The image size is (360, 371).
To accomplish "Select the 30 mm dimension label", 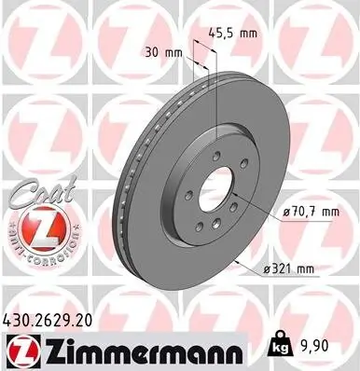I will click(165, 52).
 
